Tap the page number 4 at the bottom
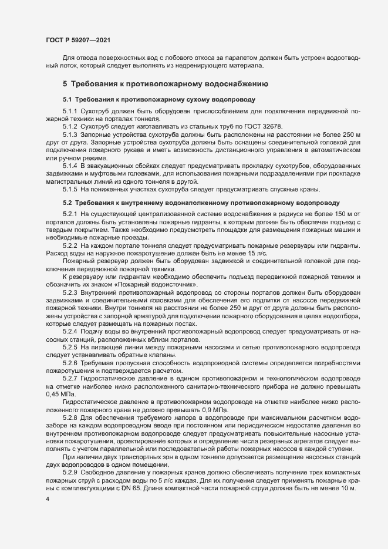(x=47, y=500)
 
